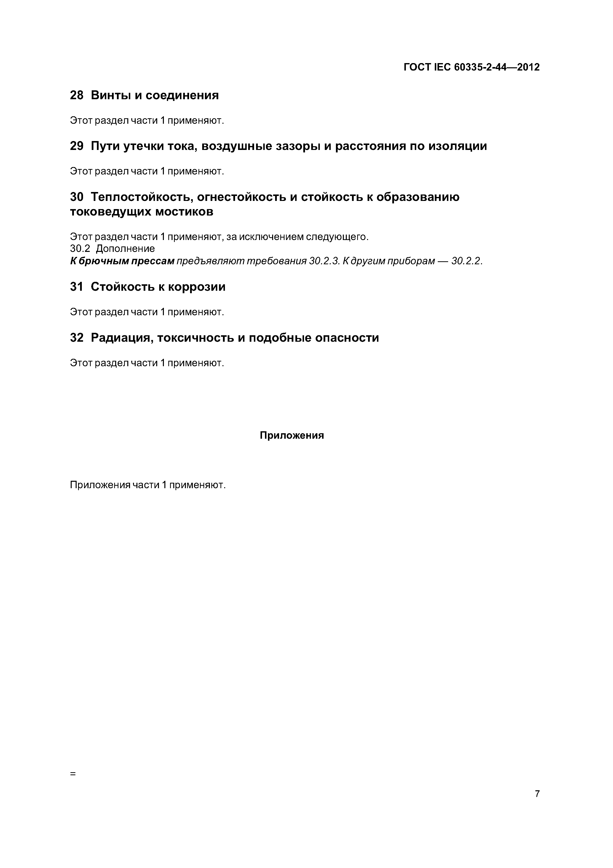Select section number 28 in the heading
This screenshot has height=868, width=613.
(77, 95)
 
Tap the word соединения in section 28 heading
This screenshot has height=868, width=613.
(182, 95)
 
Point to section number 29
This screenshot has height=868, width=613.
(77, 146)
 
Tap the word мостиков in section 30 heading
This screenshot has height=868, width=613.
(184, 212)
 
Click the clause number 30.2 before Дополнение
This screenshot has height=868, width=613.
(80, 249)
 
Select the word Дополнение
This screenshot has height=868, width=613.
(125, 249)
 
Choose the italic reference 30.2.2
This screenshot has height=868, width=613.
(467, 261)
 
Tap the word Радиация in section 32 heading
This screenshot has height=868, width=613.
(121, 338)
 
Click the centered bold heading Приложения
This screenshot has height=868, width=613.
(292, 435)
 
